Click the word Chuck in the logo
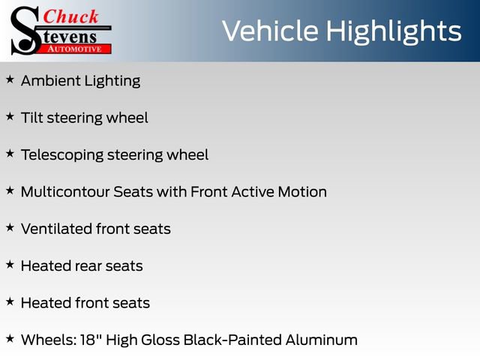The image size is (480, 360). pos(71,17)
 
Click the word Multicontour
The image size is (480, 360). pos(65,192)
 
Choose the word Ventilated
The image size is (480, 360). pos(55,229)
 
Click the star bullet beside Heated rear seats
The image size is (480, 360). pos(10,264)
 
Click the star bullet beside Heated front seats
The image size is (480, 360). pos(10,301)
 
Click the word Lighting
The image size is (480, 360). pos(112,81)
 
